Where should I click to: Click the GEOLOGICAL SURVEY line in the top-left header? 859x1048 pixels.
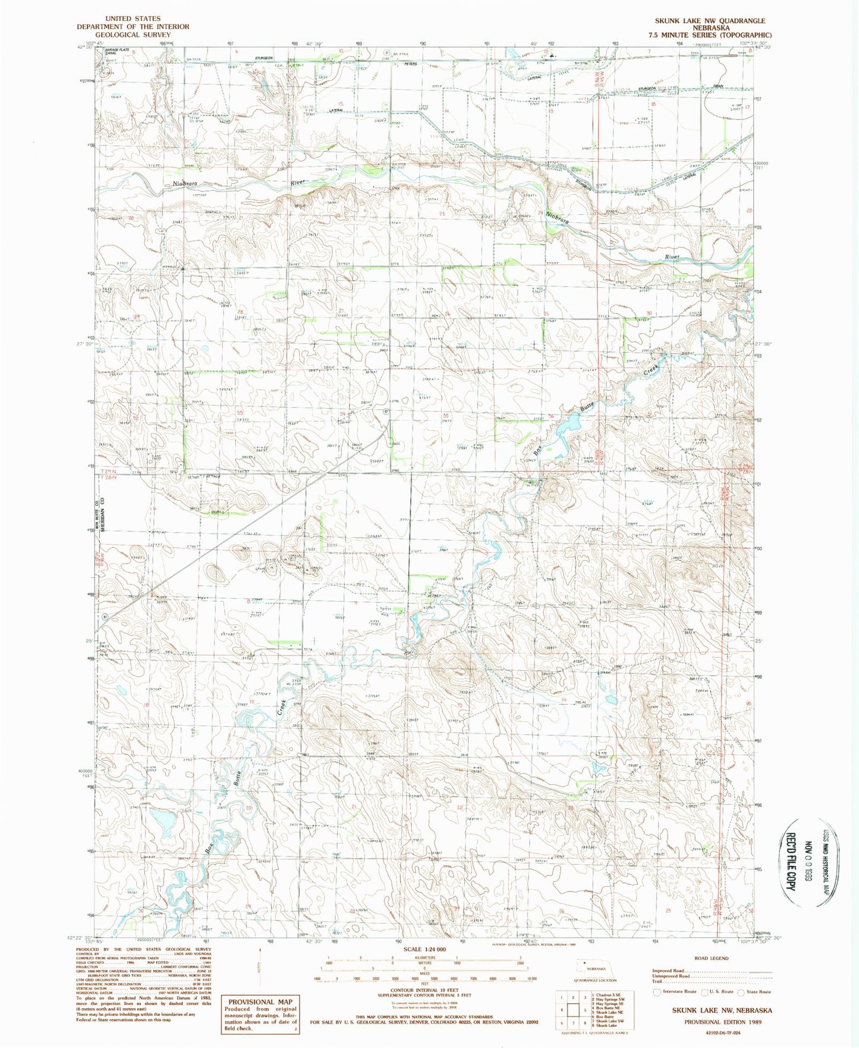(x=133, y=34)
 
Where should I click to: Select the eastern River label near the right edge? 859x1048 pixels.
(x=672, y=257)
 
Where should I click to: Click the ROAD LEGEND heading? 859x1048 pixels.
(x=711, y=958)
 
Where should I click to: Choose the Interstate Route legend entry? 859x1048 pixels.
(x=675, y=991)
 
